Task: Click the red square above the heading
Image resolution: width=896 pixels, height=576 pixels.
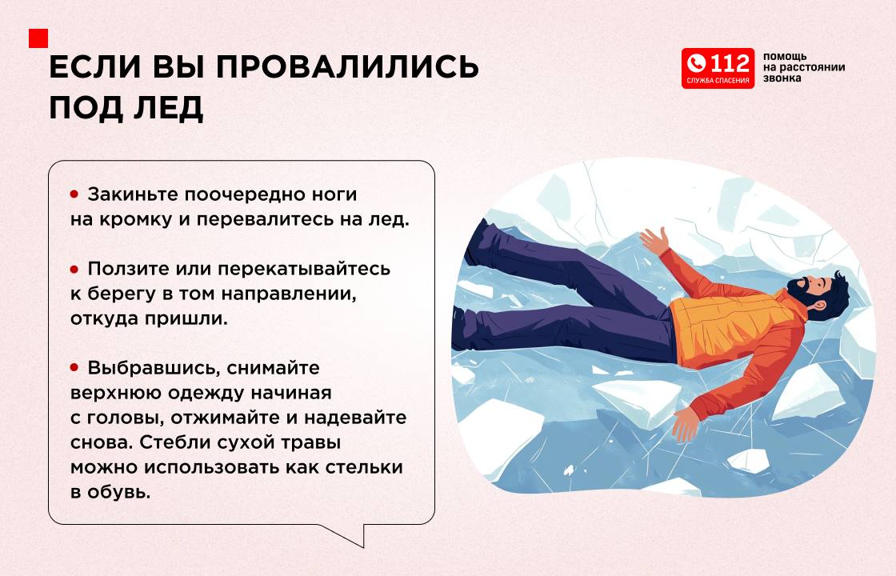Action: [x=38, y=38]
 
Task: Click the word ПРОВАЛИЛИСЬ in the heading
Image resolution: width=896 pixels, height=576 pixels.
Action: [x=347, y=67]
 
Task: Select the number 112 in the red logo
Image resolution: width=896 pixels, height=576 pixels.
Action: [x=730, y=63]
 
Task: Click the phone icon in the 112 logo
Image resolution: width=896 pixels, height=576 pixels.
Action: [x=697, y=63]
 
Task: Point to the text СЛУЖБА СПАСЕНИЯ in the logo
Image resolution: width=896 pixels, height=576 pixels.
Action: [x=718, y=81]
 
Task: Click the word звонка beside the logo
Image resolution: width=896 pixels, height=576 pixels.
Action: [x=782, y=78]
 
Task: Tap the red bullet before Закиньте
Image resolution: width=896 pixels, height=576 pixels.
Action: [x=74, y=194]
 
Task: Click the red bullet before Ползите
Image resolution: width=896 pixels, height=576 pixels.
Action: [x=74, y=269]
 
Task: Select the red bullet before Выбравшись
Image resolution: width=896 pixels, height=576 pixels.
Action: [x=74, y=367]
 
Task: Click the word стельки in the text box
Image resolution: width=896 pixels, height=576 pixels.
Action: [x=364, y=467]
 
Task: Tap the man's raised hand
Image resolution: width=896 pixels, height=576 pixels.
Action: [x=655, y=240]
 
